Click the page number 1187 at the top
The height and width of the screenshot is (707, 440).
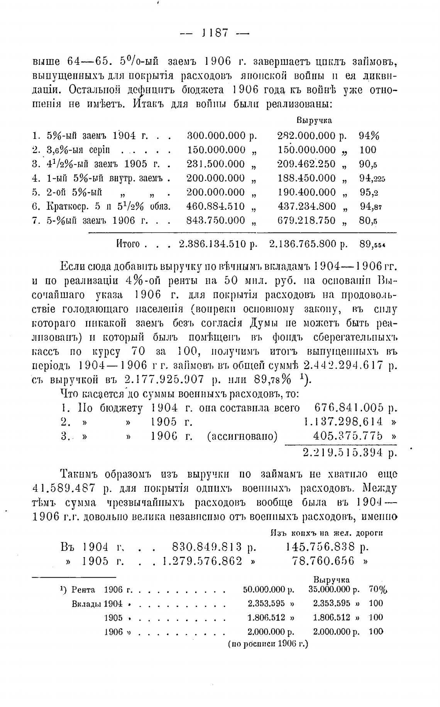(215, 33)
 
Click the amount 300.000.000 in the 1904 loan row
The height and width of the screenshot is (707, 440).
(216, 136)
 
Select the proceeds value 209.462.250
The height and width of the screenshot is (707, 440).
(306, 164)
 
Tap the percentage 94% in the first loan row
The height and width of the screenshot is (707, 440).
(369, 136)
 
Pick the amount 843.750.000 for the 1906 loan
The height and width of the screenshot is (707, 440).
(216, 220)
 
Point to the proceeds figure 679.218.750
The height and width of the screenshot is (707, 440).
(306, 220)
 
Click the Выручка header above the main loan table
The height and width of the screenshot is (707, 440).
(314, 121)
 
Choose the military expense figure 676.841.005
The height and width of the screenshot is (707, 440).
(349, 408)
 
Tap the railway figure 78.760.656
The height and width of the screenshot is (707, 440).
(323, 561)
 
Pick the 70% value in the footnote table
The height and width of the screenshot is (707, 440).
(378, 590)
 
